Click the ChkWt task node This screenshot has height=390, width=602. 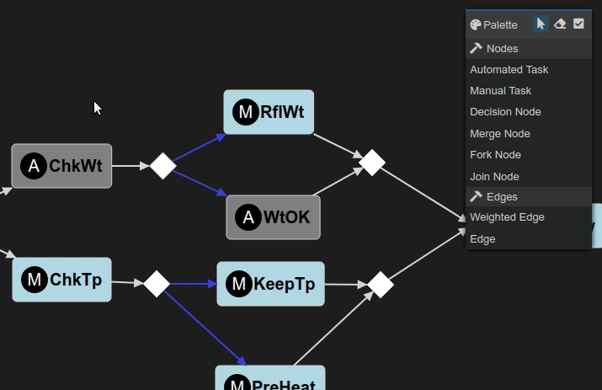[61, 166]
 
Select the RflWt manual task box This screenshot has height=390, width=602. [269, 112]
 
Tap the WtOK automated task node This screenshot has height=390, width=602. [273, 217]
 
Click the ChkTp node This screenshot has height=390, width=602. [61, 280]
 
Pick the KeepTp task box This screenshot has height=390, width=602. [270, 284]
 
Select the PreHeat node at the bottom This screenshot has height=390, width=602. [269, 379]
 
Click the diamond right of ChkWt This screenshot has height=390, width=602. [162, 166]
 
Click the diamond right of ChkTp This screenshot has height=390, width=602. [157, 283]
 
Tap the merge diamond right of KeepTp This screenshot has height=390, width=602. [381, 285]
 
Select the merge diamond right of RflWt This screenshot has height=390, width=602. [371, 162]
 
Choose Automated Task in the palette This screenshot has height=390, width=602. [509, 70]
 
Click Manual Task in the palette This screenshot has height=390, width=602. [500, 91]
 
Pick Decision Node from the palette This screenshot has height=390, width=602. [505, 112]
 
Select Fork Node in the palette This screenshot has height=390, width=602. [495, 155]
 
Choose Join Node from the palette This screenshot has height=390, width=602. [494, 177]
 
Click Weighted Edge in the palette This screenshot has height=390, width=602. [507, 217]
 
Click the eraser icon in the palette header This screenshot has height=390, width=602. [560, 24]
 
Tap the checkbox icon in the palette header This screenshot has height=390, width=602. [578, 24]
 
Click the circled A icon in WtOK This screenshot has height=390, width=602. [248, 217]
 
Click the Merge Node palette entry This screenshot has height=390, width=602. [499, 134]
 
